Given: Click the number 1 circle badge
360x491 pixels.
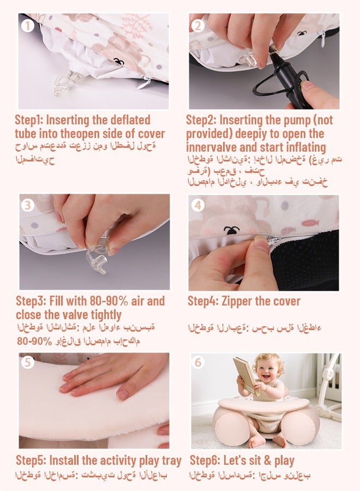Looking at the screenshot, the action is [x=28, y=26].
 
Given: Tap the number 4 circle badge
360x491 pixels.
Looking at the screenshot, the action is [x=198, y=206].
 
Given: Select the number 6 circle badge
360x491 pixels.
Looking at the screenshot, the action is [x=198, y=362].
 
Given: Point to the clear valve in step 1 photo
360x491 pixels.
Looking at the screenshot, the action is [x=67, y=82].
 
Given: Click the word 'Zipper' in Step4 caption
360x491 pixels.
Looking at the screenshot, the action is [x=237, y=302].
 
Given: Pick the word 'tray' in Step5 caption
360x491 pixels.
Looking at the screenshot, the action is [x=172, y=461].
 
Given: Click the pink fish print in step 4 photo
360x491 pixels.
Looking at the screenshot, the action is [x=310, y=223].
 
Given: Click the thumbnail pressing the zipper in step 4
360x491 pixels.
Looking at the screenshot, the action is [x=262, y=242].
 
